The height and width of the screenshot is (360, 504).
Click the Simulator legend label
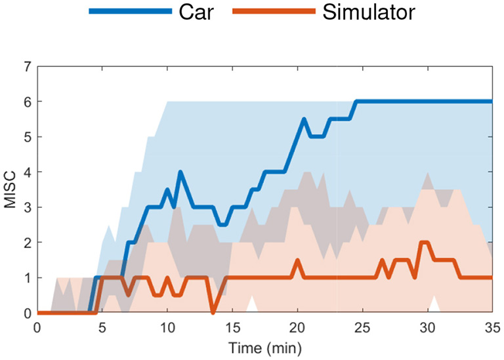point(369,11)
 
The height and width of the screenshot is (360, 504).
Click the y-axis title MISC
point(10,190)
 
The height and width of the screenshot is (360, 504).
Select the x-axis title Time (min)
point(264,346)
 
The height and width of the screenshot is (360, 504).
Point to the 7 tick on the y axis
point(28,66)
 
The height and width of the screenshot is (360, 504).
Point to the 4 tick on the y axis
point(28,172)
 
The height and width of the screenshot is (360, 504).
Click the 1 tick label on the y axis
point(28,277)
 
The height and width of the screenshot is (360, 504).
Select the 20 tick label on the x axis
point(297,326)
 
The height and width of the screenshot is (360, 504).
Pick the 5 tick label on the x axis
point(102,326)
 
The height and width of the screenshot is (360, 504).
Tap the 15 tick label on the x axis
point(232,326)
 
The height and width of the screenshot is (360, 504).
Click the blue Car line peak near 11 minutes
point(180,172)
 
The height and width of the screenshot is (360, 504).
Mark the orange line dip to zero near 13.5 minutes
point(213,312)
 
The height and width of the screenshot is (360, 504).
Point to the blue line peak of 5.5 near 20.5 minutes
point(304,119)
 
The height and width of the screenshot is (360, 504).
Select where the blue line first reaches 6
point(356,102)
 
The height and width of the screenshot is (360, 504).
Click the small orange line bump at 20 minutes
point(297,260)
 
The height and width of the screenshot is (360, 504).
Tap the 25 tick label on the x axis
point(362,326)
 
